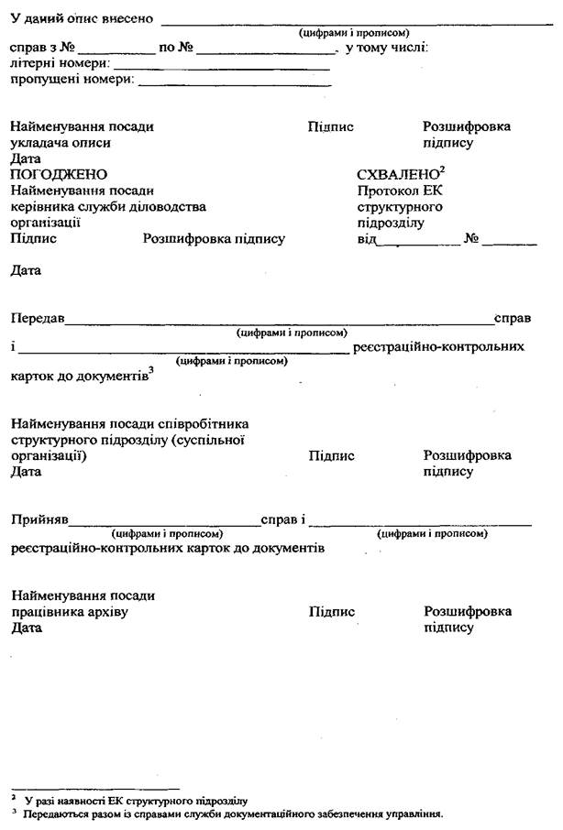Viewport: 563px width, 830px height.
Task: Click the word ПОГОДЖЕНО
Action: (x=59, y=175)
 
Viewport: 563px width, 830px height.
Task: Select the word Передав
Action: (x=38, y=319)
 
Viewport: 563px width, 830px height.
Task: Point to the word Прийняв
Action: (x=39, y=520)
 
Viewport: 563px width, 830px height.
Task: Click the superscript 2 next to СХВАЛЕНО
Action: (x=442, y=169)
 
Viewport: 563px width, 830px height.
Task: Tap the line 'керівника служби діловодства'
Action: (x=108, y=207)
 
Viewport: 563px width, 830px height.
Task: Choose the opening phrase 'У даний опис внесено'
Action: (x=82, y=19)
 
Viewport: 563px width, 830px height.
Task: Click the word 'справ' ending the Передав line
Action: (x=512, y=319)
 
